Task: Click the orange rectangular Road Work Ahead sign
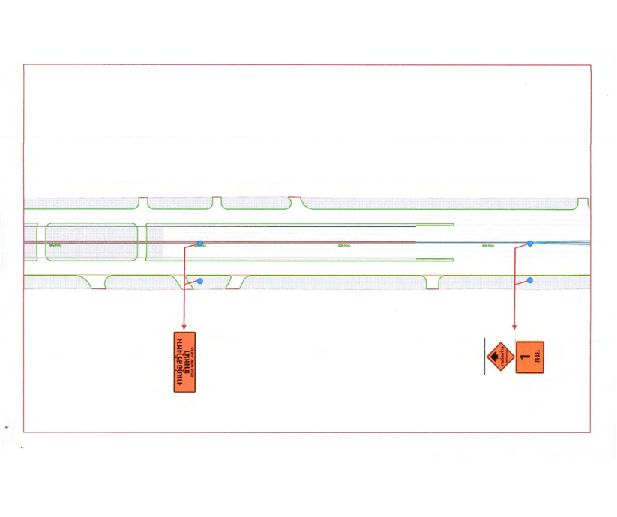[x=184, y=362]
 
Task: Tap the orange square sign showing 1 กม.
[x=530, y=357]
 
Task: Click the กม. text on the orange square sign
[x=538, y=357]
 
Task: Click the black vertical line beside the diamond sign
[x=485, y=357]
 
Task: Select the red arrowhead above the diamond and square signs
[x=514, y=326]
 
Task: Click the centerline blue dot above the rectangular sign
[x=200, y=244]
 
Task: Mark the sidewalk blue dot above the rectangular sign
[x=200, y=281]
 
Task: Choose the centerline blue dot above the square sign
[x=530, y=244]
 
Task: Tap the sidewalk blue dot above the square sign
[x=530, y=280]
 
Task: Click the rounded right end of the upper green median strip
[x=452, y=225]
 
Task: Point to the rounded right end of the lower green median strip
[x=452, y=260]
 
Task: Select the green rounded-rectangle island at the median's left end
[x=91, y=242]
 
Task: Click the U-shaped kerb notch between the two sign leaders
[x=432, y=283]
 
